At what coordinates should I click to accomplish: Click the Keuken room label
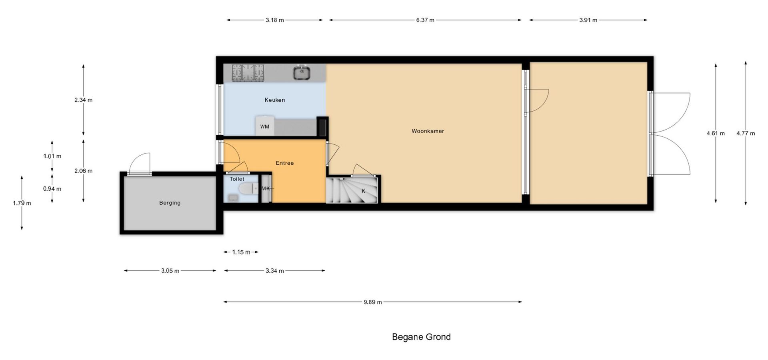pos(275,100)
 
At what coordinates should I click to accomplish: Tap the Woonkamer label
pos(428,131)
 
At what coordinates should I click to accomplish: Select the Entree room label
pos(285,163)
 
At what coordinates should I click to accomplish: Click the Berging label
pos(170,203)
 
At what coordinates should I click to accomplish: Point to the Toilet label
pos(237,179)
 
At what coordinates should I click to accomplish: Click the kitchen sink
pos(302,73)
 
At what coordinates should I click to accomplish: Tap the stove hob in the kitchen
pos(248,73)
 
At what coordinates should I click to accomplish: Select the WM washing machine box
pos(265,126)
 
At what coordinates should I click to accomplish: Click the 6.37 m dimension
pos(425,20)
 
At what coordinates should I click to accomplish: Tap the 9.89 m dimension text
pos(373,302)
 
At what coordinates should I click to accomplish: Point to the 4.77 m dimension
pos(746,133)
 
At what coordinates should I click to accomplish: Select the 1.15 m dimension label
pos(241,252)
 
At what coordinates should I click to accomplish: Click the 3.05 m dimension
pos(170,271)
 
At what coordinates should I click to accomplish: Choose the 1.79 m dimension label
pos(22,203)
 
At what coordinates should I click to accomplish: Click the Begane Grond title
pos(421,337)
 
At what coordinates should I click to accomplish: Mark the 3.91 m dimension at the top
pos(588,20)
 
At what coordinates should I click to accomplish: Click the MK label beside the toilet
pos(266,188)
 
